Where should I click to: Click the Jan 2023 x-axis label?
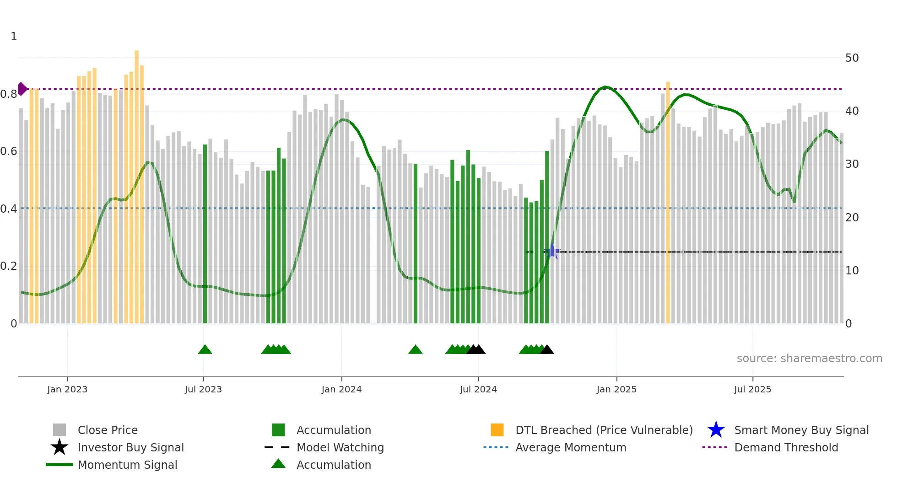67,390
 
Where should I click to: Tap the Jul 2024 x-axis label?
478,390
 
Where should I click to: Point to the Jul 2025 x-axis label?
752,390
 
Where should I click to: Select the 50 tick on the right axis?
852,58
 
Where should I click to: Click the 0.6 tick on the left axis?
9,151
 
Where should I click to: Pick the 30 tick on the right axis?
852,164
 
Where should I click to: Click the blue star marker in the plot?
552,252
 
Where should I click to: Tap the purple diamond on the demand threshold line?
22,89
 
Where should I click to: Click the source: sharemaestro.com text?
809,359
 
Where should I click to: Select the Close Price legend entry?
108,430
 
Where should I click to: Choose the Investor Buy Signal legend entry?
130,448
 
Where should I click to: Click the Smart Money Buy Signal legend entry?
801,430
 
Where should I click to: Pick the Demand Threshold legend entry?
786,448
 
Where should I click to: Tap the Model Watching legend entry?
340,448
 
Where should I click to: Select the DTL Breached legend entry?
604,430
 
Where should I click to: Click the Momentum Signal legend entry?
127,465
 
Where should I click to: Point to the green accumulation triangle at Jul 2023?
205,349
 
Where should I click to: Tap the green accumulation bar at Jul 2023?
205,233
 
